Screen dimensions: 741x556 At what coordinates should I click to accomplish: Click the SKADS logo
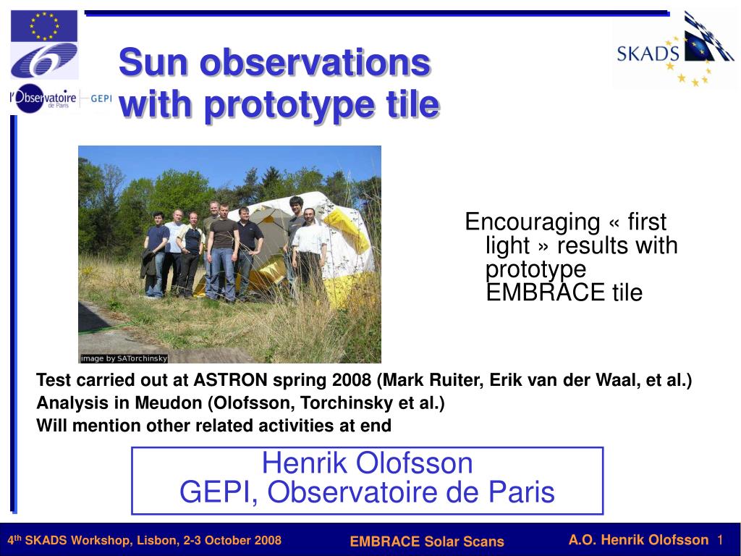pos(674,50)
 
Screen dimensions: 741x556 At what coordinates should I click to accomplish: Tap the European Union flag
pos(44,26)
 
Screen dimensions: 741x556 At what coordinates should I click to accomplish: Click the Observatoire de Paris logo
pos(43,98)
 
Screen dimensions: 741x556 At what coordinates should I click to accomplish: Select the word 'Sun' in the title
pos(153,62)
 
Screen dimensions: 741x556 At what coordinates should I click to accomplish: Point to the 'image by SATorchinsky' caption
pos(124,358)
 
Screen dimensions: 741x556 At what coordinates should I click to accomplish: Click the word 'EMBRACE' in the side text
pos(546,292)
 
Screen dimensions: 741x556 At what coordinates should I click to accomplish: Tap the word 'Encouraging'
pos(532,222)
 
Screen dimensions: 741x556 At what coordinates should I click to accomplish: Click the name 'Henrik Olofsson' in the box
pos(367,463)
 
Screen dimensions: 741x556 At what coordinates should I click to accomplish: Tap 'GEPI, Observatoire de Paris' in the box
pos(367,492)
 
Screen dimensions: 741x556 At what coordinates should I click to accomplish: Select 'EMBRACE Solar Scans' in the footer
pos(427,542)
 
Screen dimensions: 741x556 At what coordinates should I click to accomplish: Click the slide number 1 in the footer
pos(720,540)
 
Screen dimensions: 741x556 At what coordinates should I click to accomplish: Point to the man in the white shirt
pos(310,248)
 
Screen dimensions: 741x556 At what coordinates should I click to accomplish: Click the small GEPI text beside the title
pos(101,98)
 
